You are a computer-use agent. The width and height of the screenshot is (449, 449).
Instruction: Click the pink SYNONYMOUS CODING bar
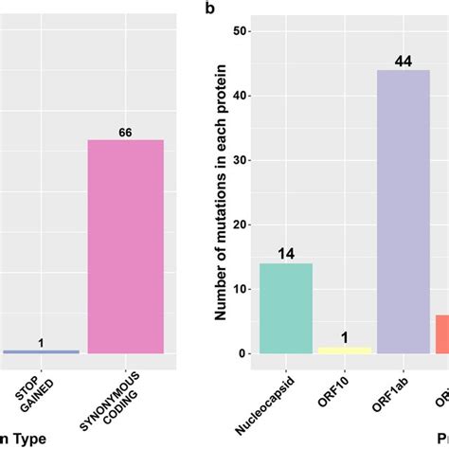126,246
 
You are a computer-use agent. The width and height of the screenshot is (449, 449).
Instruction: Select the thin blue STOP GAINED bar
41,351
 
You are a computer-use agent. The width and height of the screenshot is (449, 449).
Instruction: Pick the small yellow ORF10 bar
345,350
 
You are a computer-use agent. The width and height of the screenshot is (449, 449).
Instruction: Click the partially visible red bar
442,333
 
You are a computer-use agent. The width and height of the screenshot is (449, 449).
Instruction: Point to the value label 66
126,132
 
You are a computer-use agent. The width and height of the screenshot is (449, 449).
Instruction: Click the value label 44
404,62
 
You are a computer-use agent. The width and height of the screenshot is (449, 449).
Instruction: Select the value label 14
285,254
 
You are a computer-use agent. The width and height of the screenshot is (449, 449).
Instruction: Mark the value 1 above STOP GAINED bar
41,342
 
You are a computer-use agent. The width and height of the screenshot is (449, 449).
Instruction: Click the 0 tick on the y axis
243,353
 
